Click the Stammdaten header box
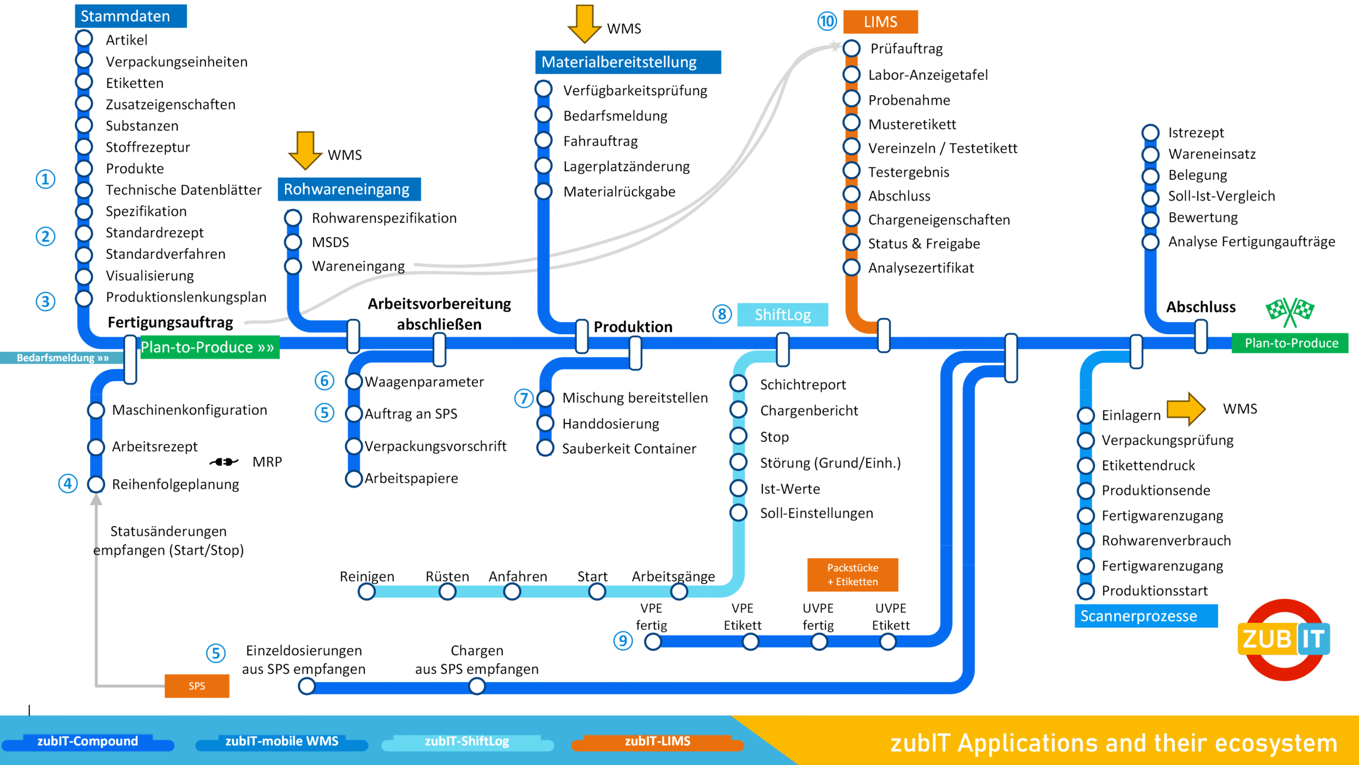coord(131,16)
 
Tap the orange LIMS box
coord(880,22)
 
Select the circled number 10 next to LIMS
coord(827,21)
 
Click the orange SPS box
coord(196,685)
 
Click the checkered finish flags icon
coord(1289,311)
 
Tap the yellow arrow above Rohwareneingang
coord(305,150)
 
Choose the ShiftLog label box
coord(782,315)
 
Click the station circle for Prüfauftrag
coord(851,48)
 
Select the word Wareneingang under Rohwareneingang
coord(358,266)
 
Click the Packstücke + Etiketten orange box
coord(853,575)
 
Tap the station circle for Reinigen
coord(367,592)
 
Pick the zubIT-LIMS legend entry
coord(657,742)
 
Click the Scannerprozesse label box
coord(1146,616)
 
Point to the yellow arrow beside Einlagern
coord(1186,409)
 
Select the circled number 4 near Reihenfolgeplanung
coord(68,483)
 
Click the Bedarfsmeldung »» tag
coord(62,358)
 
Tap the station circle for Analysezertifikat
coord(851,267)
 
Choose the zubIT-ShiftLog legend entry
coord(467,742)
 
